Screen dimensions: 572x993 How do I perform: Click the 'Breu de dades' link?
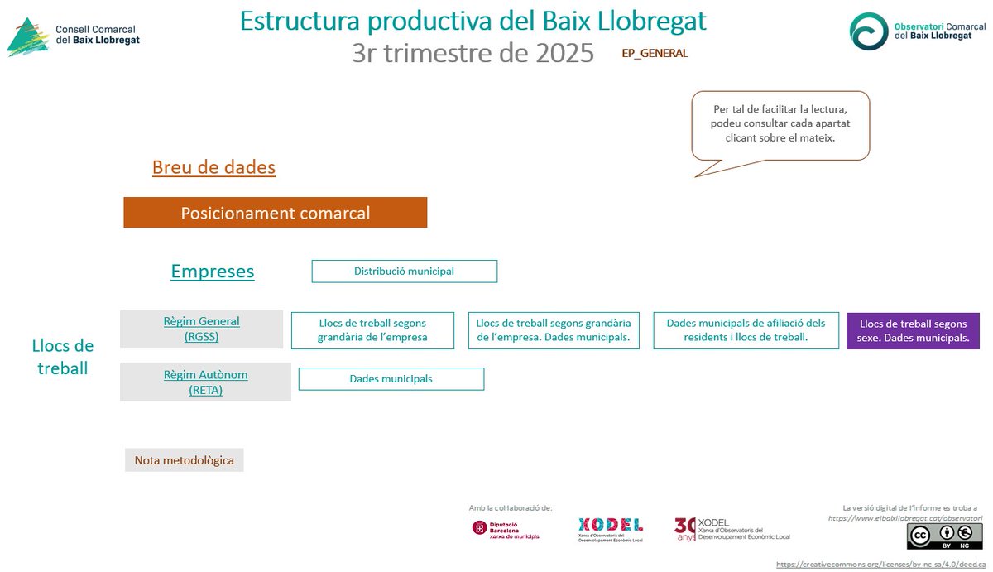(x=213, y=167)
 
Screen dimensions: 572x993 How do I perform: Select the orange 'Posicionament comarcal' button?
(x=275, y=213)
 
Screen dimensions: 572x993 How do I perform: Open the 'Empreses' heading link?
(x=213, y=272)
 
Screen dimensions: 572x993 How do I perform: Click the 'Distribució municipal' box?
(x=404, y=272)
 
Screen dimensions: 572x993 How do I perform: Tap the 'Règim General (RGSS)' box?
(x=201, y=329)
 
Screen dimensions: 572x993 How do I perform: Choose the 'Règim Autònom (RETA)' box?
(x=205, y=382)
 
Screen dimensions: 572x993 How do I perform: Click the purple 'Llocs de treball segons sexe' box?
(x=913, y=331)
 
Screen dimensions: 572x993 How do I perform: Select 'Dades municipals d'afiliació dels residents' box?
(x=746, y=331)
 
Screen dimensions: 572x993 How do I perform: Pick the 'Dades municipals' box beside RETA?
(x=391, y=379)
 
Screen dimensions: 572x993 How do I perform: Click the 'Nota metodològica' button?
(x=184, y=460)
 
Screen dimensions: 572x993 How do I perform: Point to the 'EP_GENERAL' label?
(x=655, y=53)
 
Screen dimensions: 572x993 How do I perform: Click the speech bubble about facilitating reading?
(x=780, y=124)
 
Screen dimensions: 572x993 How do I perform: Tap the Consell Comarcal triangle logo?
(x=27, y=38)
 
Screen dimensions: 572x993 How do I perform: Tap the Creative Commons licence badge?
(x=944, y=536)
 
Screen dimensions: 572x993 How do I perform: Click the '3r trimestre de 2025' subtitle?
(x=473, y=53)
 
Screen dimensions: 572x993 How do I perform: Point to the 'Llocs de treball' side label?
(x=63, y=357)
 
